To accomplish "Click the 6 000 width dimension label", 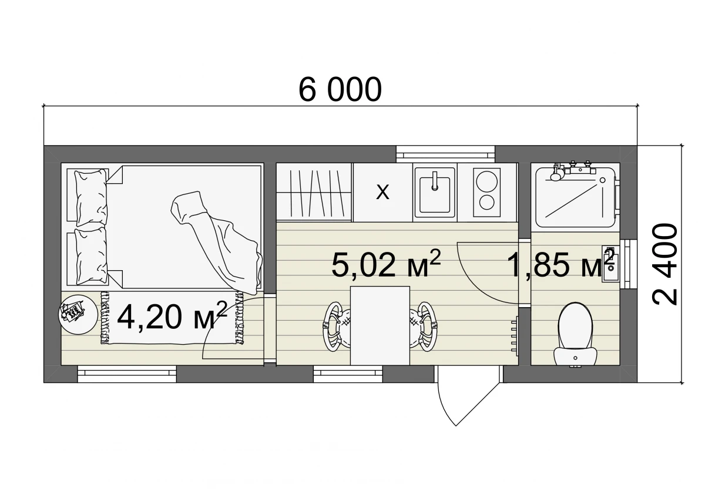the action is (x=340, y=89).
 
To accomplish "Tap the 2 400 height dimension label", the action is (x=665, y=264).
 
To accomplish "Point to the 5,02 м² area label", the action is (x=386, y=263).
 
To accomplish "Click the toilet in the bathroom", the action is (x=575, y=335).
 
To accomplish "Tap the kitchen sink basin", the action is (x=435, y=192).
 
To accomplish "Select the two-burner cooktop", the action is (x=486, y=192).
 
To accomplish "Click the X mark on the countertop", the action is (x=382, y=192).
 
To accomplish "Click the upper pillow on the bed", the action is (x=91, y=197).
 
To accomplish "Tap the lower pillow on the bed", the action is (x=91, y=256).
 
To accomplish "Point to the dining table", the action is (x=380, y=325).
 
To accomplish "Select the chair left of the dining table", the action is (x=336, y=326).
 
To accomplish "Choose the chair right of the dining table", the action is (x=424, y=326).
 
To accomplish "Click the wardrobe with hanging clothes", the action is (x=314, y=192).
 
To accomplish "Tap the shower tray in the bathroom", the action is (x=575, y=197).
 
